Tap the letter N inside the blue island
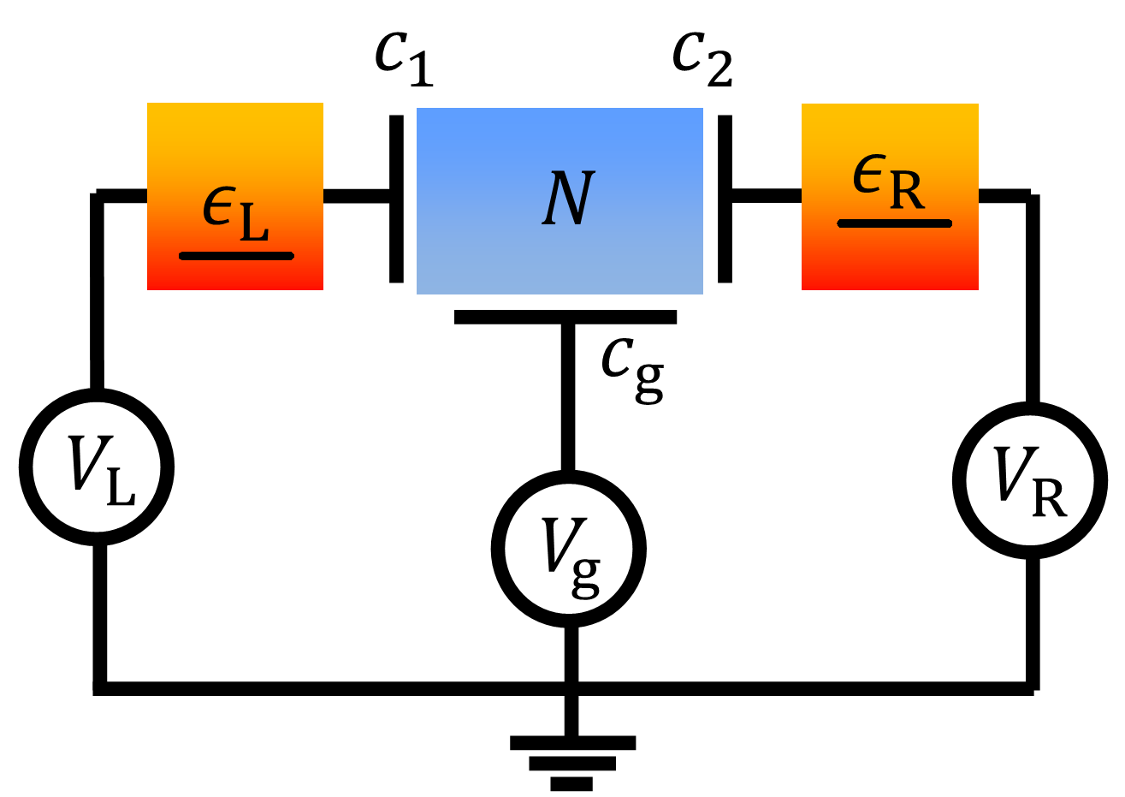pyautogui.click(x=568, y=199)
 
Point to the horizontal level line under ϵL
pyautogui.click(x=236, y=255)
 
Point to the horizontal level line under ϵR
pyautogui.click(x=894, y=223)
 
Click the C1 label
pyautogui.click(x=404, y=58)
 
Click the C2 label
pyautogui.click(x=702, y=58)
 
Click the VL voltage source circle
pyautogui.click(x=97, y=467)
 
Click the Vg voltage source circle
pyautogui.click(x=568, y=549)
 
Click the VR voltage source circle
pyautogui.click(x=1030, y=480)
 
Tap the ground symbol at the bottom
pyautogui.click(x=571, y=761)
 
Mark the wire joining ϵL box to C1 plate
pyautogui.click(x=356, y=196)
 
